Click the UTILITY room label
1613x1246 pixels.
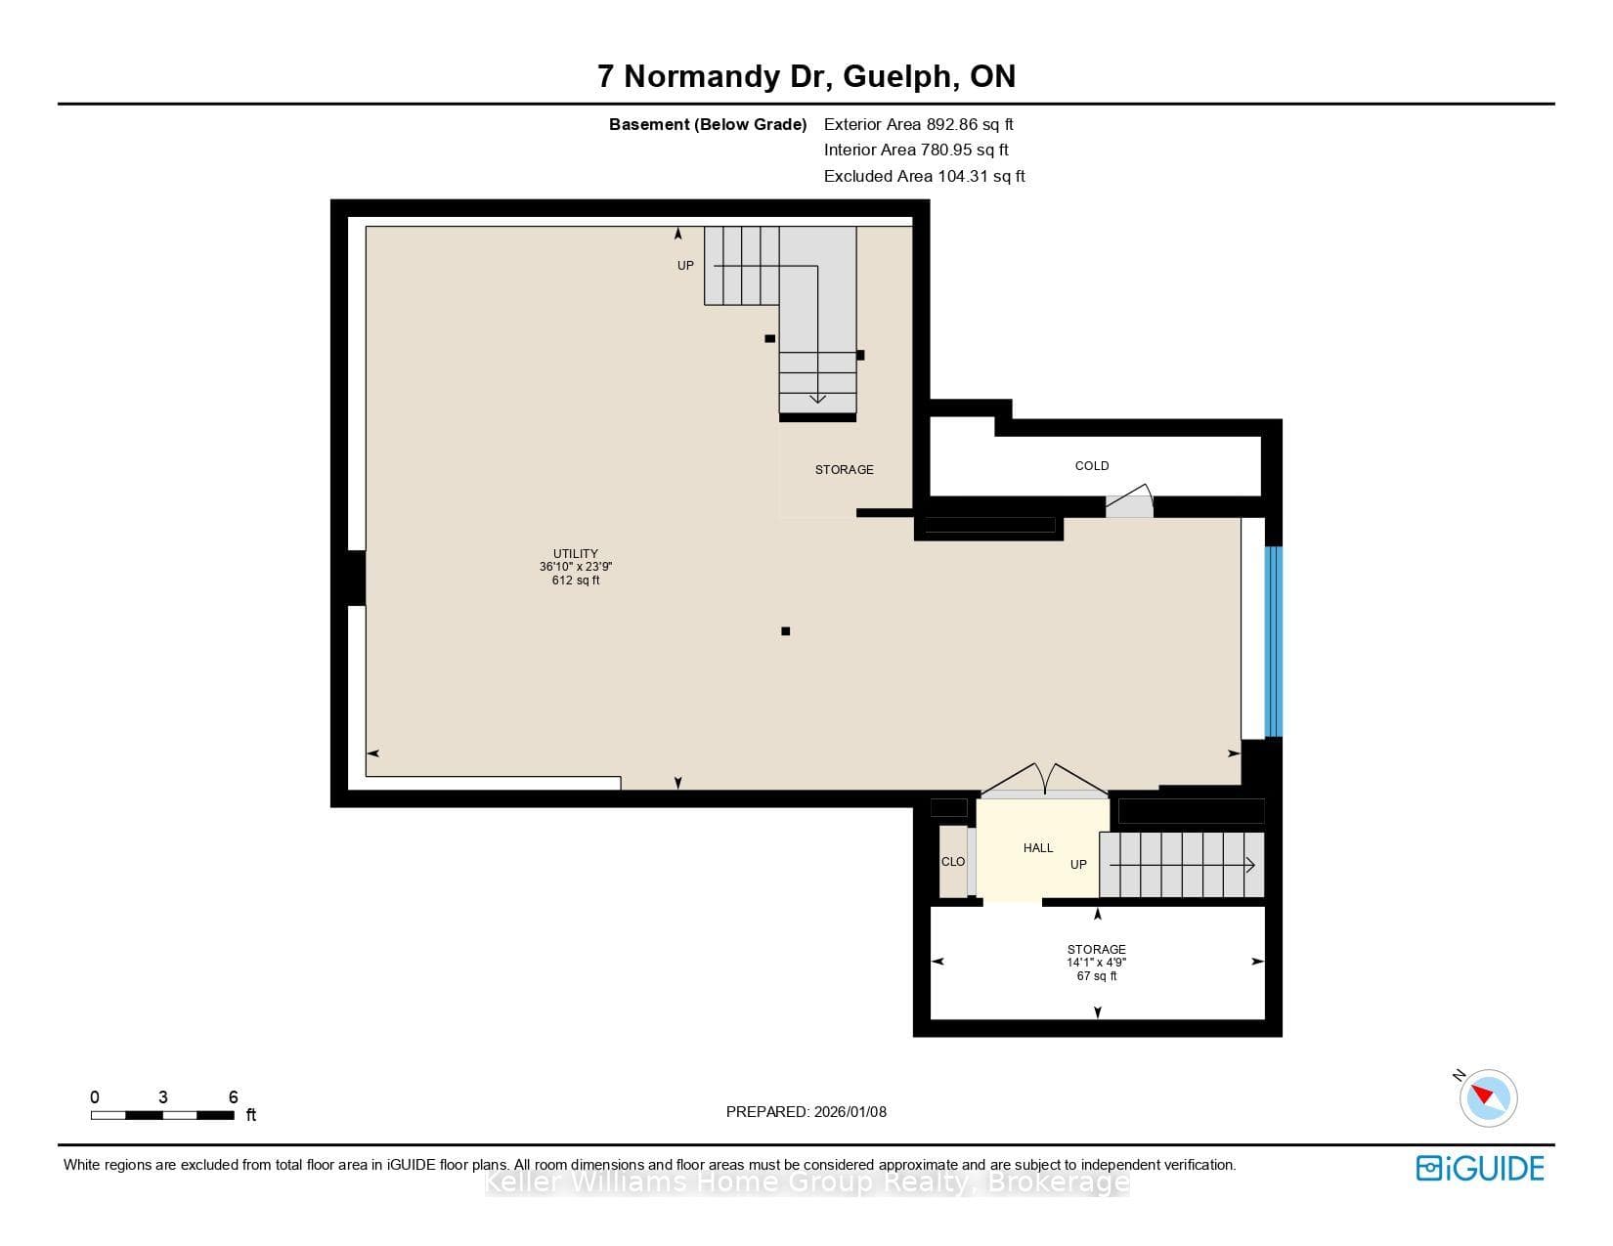click(575, 553)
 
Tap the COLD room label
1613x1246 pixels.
click(1092, 466)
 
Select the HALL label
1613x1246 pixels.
click(1038, 848)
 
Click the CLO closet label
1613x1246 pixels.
click(953, 862)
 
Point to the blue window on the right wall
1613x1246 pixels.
click(1273, 642)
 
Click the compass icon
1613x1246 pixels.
click(1487, 1098)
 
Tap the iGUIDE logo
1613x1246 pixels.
click(1480, 1169)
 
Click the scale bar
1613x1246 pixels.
click(162, 1115)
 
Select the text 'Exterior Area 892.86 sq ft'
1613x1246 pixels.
click(918, 125)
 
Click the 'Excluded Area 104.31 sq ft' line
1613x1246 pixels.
click(924, 177)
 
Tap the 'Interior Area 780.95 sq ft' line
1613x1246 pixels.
click(916, 150)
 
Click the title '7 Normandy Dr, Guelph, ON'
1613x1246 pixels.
click(806, 76)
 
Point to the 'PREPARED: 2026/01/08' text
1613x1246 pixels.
click(806, 1112)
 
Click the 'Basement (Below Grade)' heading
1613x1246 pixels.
click(708, 125)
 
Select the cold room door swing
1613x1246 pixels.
click(1129, 501)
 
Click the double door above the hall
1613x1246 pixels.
click(1044, 781)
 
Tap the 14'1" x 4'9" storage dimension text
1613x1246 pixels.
click(1097, 963)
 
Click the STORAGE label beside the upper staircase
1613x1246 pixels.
click(844, 470)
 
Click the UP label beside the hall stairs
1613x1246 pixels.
click(1078, 865)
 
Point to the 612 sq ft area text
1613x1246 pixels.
click(575, 580)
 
